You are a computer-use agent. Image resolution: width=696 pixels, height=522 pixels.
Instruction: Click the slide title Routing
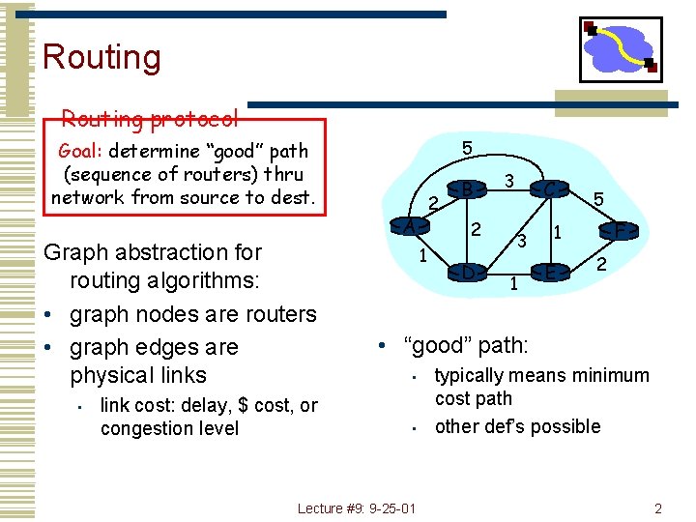point(101,57)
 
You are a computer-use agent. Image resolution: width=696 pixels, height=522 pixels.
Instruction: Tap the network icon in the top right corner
point(621,49)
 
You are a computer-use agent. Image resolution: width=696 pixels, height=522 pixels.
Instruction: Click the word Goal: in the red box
point(81,151)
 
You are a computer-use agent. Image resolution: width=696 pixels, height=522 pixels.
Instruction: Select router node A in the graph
point(410,225)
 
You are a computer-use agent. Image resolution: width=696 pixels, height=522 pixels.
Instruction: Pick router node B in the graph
point(467,188)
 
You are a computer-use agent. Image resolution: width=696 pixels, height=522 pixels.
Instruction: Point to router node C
point(549,189)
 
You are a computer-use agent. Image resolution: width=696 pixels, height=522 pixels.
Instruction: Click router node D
point(467,273)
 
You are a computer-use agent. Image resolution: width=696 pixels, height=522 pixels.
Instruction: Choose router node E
point(549,273)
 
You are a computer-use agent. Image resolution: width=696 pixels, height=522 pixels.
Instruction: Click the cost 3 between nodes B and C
point(508,181)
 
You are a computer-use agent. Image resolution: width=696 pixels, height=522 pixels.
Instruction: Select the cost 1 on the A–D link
point(422,256)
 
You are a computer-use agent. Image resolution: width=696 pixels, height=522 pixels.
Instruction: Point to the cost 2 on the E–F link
point(600,264)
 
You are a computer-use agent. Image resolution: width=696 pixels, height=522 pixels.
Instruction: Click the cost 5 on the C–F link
point(599,199)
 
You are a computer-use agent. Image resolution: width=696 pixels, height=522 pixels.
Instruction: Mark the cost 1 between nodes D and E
point(513,283)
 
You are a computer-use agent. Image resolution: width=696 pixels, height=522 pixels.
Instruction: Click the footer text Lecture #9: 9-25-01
point(357,508)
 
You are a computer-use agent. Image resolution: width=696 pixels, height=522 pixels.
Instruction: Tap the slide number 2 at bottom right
point(657,508)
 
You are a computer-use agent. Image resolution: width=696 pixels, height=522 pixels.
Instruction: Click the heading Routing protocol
point(150,119)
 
